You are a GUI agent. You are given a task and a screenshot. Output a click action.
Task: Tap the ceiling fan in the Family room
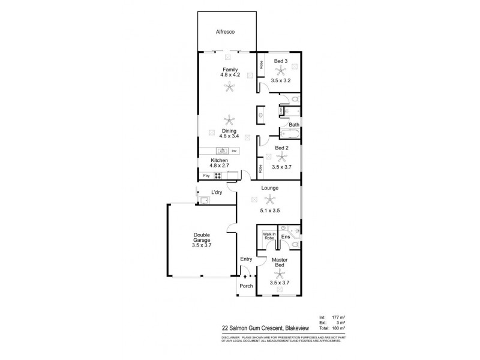229,88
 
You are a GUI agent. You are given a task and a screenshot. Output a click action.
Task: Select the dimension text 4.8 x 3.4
229,136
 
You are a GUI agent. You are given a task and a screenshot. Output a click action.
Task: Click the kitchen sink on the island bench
220,151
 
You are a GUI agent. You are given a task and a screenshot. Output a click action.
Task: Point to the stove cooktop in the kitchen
219,176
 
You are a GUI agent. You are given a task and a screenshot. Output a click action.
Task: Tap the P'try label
205,176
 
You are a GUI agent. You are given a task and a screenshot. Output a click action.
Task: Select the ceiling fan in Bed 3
280,71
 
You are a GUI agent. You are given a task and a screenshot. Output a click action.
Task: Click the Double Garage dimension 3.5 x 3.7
202,245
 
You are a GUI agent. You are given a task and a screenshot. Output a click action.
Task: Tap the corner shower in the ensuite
293,231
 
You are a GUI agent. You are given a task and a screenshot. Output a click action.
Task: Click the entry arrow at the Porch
245,277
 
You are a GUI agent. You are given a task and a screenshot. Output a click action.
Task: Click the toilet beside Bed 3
295,98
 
